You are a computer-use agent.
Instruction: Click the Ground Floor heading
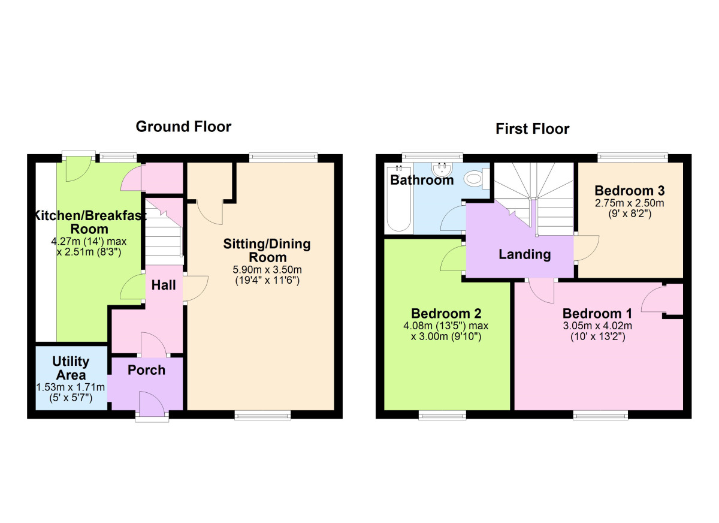pyautogui.click(x=183, y=127)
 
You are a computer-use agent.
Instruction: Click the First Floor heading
pyautogui.click(x=532, y=129)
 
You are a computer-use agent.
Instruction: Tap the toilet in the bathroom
pyautogui.click(x=476, y=178)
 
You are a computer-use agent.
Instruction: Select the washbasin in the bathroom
pyautogui.click(x=442, y=170)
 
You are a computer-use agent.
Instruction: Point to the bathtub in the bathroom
pyautogui.click(x=399, y=199)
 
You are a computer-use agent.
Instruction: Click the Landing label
pyautogui.click(x=524, y=254)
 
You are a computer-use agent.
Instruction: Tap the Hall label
pyautogui.click(x=164, y=285)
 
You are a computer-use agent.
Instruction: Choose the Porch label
pyautogui.click(x=146, y=370)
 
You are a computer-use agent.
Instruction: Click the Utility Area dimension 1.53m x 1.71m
pyautogui.click(x=70, y=387)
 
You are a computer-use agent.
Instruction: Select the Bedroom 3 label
pyautogui.click(x=630, y=191)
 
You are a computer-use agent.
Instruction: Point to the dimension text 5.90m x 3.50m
pyautogui.click(x=267, y=269)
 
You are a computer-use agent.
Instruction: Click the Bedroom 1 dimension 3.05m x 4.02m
pyautogui.click(x=597, y=326)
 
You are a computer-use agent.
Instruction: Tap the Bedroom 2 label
pyautogui.click(x=446, y=313)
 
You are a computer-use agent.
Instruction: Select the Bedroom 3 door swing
pyautogui.click(x=587, y=248)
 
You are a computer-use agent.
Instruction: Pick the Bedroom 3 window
pyautogui.click(x=633, y=157)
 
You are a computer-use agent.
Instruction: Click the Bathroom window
pyautogui.click(x=433, y=157)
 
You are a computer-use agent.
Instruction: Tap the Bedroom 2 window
pyautogui.click(x=442, y=416)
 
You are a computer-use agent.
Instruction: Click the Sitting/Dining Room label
pyautogui.click(x=267, y=251)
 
